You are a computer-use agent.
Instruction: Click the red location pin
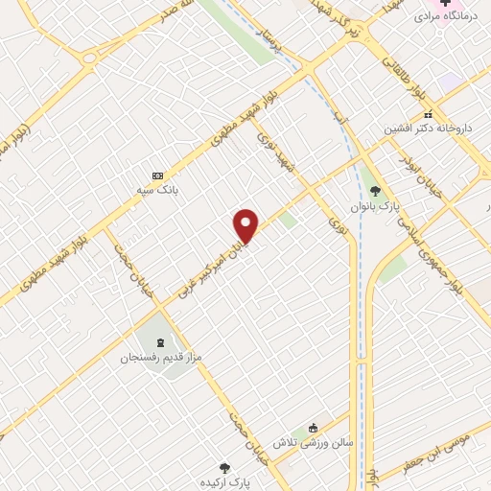coord(246,226)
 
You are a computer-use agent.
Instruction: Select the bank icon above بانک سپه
coord(158,175)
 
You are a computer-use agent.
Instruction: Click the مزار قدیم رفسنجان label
coord(161,357)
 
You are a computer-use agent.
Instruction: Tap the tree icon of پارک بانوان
coord(375,191)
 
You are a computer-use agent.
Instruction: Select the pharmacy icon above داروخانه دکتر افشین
coord(429,114)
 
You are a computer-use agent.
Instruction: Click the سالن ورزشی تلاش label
coord(312,443)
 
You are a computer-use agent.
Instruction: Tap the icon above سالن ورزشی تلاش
coord(313,429)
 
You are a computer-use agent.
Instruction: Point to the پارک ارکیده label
coord(224,483)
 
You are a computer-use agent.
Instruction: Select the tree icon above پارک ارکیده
coord(224,468)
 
